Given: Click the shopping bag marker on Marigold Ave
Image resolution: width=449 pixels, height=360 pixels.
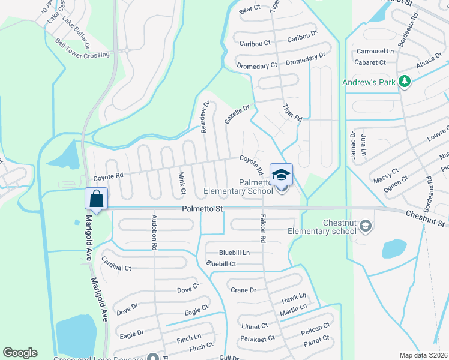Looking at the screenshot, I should pos(97,199).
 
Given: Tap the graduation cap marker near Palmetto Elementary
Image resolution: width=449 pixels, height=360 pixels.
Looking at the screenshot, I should pos(281,175).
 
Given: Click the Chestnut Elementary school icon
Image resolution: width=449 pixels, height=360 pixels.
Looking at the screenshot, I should pos(366,226).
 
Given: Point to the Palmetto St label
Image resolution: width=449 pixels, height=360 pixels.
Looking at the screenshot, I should pos(203,209).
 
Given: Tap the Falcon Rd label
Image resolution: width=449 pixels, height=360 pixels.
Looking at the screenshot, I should pos(262,228).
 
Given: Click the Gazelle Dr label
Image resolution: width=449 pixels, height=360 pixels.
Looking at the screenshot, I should pos(237,112).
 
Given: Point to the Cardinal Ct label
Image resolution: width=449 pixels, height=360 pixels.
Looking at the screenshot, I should pos(116,264).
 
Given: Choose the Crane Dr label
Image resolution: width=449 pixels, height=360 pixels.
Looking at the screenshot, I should pos(243,290).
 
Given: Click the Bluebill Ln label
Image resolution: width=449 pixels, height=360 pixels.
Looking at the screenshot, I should pos(234,253).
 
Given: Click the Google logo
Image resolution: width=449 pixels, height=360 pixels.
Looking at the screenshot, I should pos(20,353).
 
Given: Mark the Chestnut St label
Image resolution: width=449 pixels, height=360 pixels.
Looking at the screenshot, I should pos(426,218).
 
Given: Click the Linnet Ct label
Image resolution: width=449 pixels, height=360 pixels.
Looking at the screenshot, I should pos(255,326).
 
